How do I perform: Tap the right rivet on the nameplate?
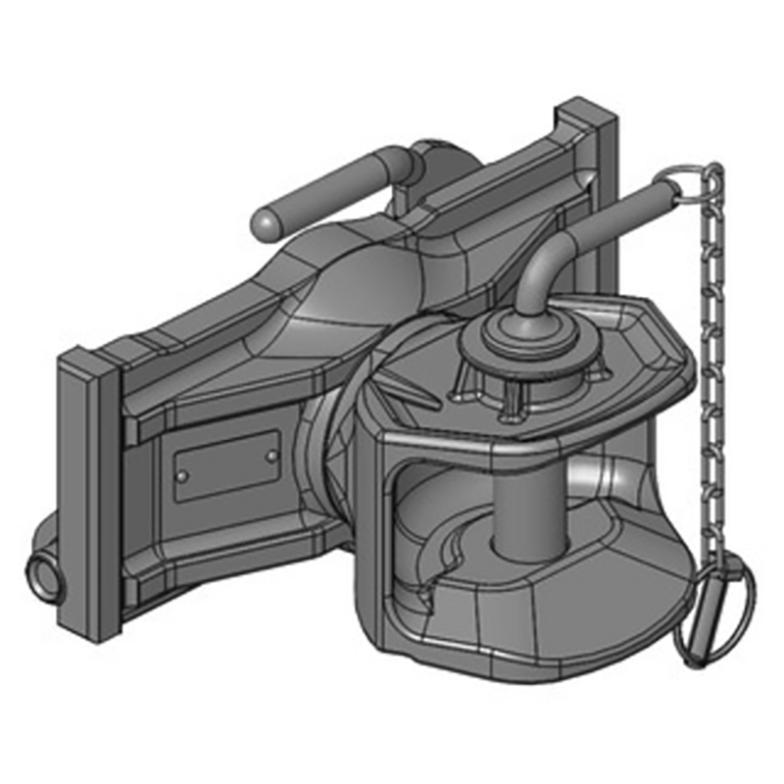point(271,456)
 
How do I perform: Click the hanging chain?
point(712,372)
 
